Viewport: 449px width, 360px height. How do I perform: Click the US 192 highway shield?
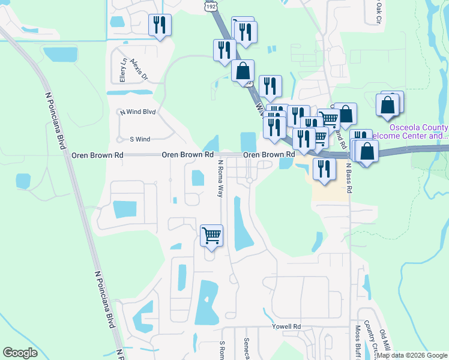click(211, 5)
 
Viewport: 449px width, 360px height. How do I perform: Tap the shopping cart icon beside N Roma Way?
click(211, 235)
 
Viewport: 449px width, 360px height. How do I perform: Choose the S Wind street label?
click(140, 139)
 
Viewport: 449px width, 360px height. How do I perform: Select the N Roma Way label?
click(220, 179)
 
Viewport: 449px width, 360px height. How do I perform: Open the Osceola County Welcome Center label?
click(418, 132)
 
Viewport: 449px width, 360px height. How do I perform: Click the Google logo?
click(20, 352)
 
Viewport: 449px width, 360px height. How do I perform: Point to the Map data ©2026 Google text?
click(412, 355)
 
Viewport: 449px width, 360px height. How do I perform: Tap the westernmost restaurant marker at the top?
click(160, 25)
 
